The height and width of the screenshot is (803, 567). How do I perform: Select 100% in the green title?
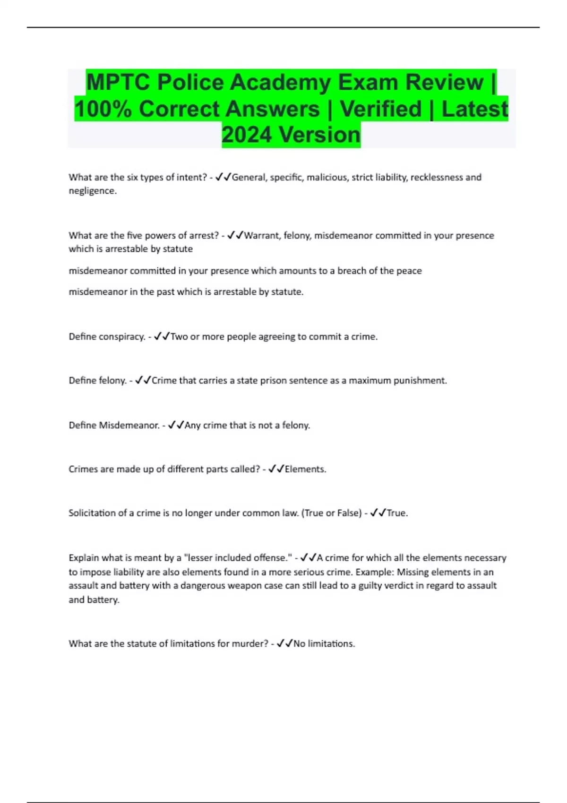(x=103, y=109)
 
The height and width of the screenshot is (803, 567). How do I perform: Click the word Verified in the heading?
(x=380, y=109)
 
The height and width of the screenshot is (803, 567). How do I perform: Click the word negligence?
(x=92, y=191)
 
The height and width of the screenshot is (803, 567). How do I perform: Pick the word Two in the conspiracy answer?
(x=179, y=336)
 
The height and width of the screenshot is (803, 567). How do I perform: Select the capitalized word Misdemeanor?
(x=129, y=425)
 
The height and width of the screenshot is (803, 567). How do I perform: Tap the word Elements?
(x=305, y=469)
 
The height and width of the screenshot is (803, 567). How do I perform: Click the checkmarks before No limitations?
(x=284, y=643)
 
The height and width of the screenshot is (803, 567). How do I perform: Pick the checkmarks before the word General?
(x=223, y=177)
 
